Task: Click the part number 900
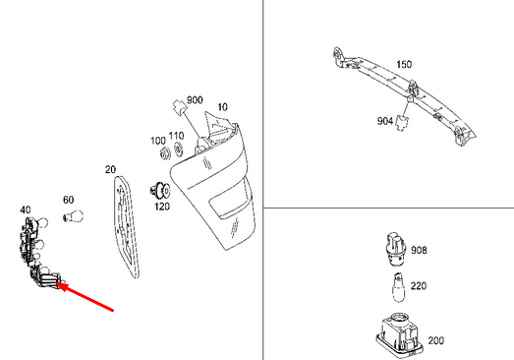coord(194,100)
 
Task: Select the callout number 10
coord(222,106)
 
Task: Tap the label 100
coord(158,142)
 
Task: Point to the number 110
coord(177,135)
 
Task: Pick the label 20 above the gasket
coord(110,169)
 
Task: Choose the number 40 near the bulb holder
coord(26,209)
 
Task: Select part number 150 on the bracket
coord(404,64)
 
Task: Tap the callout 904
coord(385,122)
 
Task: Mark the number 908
coord(419,250)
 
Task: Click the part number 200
coord(435,340)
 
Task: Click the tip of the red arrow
coord(63,286)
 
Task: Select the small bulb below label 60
coord(72,219)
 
